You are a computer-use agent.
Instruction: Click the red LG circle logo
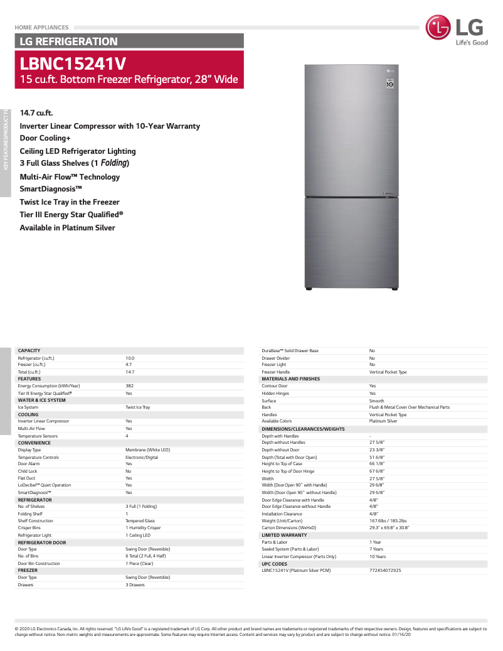(x=438, y=28)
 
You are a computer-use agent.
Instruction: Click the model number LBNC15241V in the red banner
(x=73, y=63)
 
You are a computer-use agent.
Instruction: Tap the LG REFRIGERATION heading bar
(x=69, y=41)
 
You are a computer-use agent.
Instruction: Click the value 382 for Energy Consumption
(x=130, y=386)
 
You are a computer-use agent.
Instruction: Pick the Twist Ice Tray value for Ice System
(x=138, y=407)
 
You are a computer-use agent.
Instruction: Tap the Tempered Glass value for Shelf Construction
(x=140, y=521)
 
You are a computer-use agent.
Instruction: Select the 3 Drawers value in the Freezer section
(x=135, y=584)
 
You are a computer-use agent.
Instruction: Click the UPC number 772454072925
(x=385, y=571)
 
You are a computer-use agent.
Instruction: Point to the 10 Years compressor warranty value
(x=378, y=557)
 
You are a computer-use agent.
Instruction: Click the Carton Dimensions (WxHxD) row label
(x=289, y=528)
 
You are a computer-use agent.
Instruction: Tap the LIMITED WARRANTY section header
(x=284, y=535)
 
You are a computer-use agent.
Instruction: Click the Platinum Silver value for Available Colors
(x=383, y=421)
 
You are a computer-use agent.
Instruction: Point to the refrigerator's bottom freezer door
(x=351, y=242)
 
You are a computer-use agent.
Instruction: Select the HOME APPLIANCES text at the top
(x=41, y=28)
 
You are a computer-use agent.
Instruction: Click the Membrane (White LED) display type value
(x=147, y=450)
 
